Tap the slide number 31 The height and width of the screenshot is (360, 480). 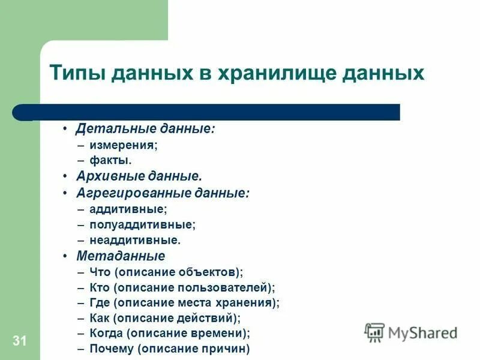pos(19,341)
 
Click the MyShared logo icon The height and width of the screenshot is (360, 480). pos(375,332)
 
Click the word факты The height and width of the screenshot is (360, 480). pos(109,160)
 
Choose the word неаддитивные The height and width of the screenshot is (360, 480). pos(134,240)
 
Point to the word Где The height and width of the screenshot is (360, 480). pos(100,303)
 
